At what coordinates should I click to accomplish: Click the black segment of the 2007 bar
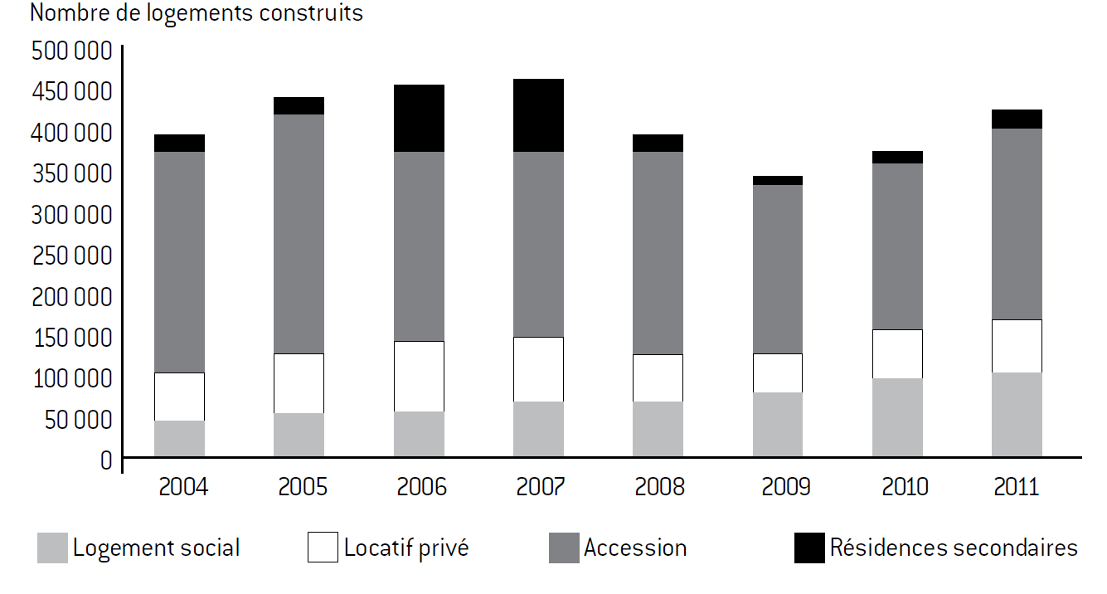point(538,115)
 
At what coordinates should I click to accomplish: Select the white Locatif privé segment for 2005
point(299,383)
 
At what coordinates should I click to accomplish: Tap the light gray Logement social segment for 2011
point(1017,415)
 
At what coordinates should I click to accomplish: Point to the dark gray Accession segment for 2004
point(179,262)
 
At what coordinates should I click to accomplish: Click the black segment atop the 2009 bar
point(777,180)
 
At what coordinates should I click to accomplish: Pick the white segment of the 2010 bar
point(897,354)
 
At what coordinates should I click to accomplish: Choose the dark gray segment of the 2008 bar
point(658,253)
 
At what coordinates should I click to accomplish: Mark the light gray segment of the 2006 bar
point(419,434)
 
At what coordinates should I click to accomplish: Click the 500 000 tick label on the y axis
point(71,51)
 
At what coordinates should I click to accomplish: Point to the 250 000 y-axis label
point(71,256)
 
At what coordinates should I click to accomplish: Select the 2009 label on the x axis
point(777,486)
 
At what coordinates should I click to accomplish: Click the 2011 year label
point(1017,486)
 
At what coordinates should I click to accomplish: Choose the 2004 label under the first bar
point(179,486)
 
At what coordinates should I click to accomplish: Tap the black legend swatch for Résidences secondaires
point(808,548)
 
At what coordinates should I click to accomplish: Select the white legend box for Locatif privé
point(323,548)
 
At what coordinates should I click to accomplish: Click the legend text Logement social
point(156,548)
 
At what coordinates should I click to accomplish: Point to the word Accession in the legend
point(635,548)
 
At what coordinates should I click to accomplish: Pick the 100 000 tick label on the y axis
point(71,378)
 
